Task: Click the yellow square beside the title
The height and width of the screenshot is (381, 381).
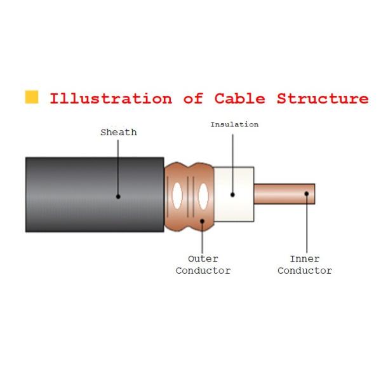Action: click(x=31, y=97)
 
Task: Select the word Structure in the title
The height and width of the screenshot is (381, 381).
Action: click(x=322, y=99)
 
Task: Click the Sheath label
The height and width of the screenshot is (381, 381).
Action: click(x=119, y=133)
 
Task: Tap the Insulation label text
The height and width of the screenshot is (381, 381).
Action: click(x=234, y=124)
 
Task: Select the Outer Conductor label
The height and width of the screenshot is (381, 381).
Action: click(x=203, y=265)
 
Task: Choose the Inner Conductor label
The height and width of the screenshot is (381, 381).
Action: click(x=305, y=265)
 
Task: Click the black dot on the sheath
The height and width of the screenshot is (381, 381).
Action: click(x=118, y=197)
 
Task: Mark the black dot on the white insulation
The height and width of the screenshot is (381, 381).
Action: click(x=232, y=194)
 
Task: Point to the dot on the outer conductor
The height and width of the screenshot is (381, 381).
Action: click(x=203, y=221)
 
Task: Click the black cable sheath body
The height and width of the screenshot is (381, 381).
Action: click(x=70, y=194)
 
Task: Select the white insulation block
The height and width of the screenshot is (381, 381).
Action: click(x=241, y=181)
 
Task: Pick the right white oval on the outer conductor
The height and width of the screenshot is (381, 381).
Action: click(x=203, y=196)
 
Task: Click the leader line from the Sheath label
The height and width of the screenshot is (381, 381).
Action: click(x=118, y=165)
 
